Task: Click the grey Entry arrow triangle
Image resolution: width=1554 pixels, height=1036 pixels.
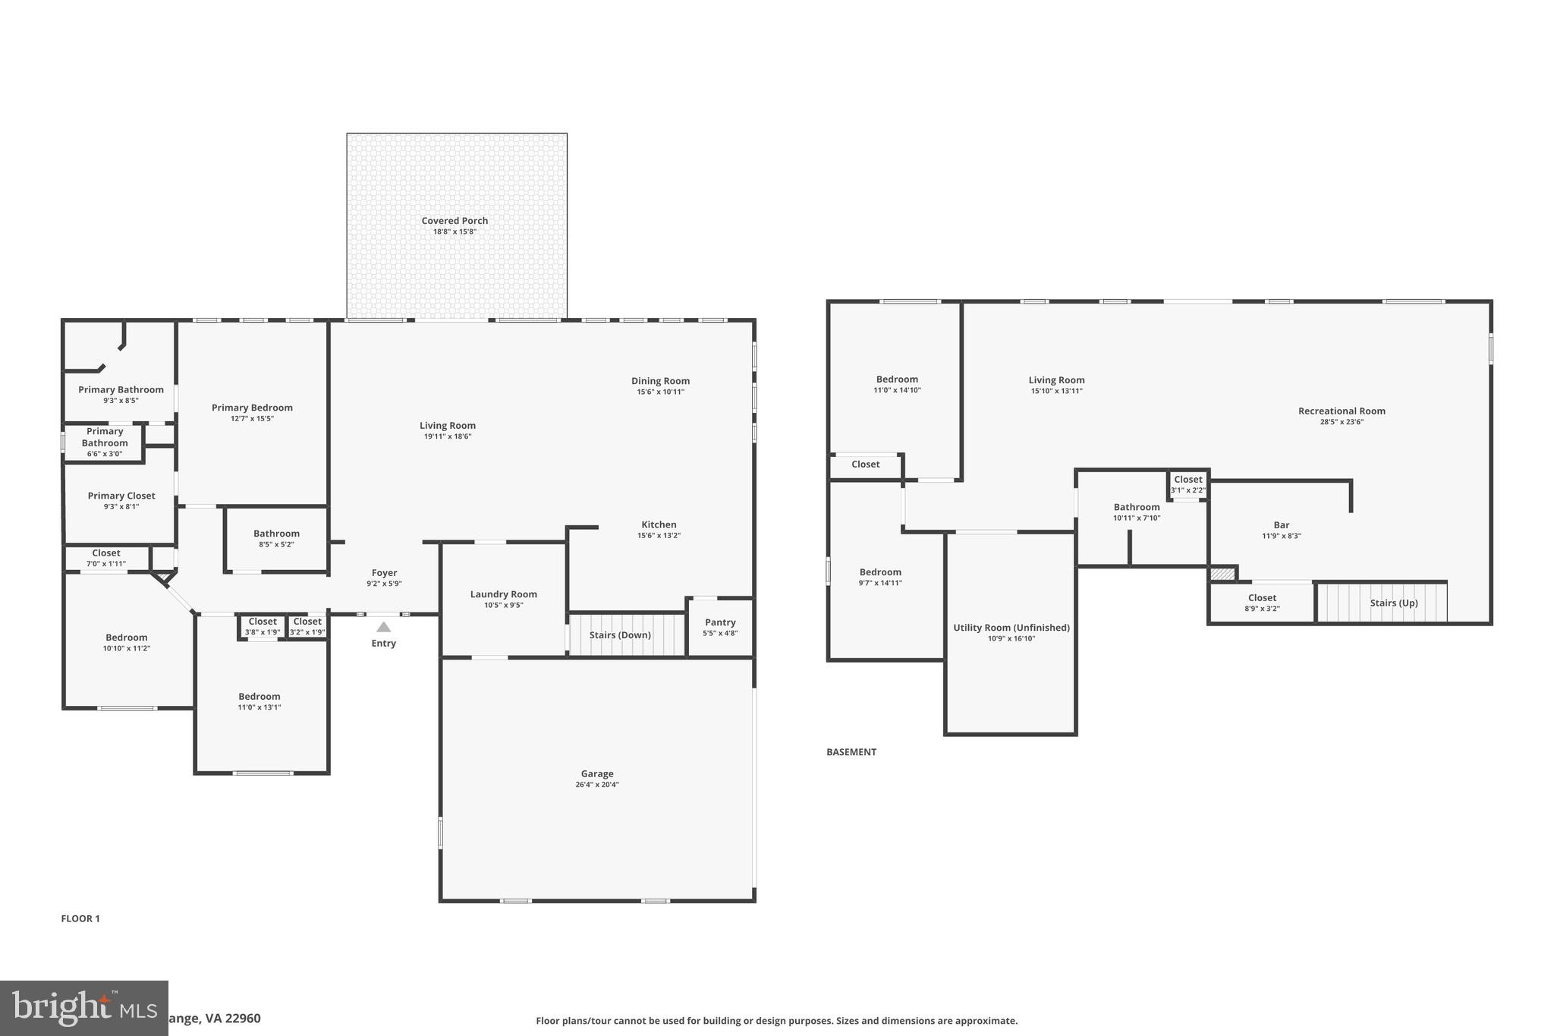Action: coord(384,627)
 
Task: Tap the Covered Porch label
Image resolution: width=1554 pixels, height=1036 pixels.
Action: coord(455,221)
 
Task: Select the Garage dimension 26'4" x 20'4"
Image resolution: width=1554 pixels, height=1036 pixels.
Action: coord(597,785)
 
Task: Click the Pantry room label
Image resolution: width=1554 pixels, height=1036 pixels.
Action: coord(720,622)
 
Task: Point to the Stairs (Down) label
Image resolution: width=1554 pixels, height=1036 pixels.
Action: coord(620,635)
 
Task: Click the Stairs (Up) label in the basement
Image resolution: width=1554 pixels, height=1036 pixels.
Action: coord(1393,603)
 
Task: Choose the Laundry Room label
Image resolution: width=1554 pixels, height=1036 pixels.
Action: coord(503,594)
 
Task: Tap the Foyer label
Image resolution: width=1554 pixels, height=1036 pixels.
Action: coord(384,573)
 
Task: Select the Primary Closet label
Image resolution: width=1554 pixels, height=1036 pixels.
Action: coord(121,496)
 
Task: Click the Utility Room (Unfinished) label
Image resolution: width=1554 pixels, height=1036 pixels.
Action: coord(1011,628)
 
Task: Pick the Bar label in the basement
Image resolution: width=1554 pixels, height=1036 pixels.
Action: coord(1281,524)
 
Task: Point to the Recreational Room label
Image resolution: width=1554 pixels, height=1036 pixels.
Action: coord(1341,411)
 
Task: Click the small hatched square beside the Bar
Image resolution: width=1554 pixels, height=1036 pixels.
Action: coord(1222,575)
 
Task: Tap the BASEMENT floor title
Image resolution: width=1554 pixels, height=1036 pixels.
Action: coord(851,752)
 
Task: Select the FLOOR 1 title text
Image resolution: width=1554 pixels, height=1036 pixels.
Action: coord(80,918)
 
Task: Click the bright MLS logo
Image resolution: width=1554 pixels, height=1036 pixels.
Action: coord(83,1008)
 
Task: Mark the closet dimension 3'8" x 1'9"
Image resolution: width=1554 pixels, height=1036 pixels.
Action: coord(263,632)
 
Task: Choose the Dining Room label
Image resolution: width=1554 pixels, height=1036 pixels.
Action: coord(660,381)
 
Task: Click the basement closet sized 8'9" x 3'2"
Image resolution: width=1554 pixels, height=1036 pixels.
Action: coord(1262,603)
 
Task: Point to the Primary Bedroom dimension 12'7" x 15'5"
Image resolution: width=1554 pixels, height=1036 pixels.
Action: coord(252,418)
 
